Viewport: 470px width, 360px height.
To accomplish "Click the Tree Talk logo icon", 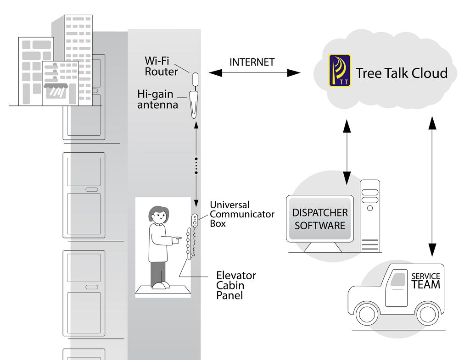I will click(x=340, y=71).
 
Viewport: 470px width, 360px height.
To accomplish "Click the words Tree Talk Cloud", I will click(x=402, y=73).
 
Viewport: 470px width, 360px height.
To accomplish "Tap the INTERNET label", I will click(x=252, y=62).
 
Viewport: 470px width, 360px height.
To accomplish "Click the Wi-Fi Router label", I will click(x=161, y=66).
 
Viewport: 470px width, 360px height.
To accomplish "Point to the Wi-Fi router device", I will click(x=195, y=79).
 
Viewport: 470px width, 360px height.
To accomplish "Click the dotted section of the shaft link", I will click(x=196, y=166).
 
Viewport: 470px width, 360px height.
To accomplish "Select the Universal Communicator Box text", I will click(x=242, y=214).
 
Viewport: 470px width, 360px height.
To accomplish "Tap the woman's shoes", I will click(x=160, y=286).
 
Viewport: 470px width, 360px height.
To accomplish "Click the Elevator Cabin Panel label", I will click(x=236, y=285).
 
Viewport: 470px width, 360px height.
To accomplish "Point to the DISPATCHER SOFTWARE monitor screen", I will click(x=320, y=219).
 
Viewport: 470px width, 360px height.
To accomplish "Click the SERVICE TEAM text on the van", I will click(x=425, y=280).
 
